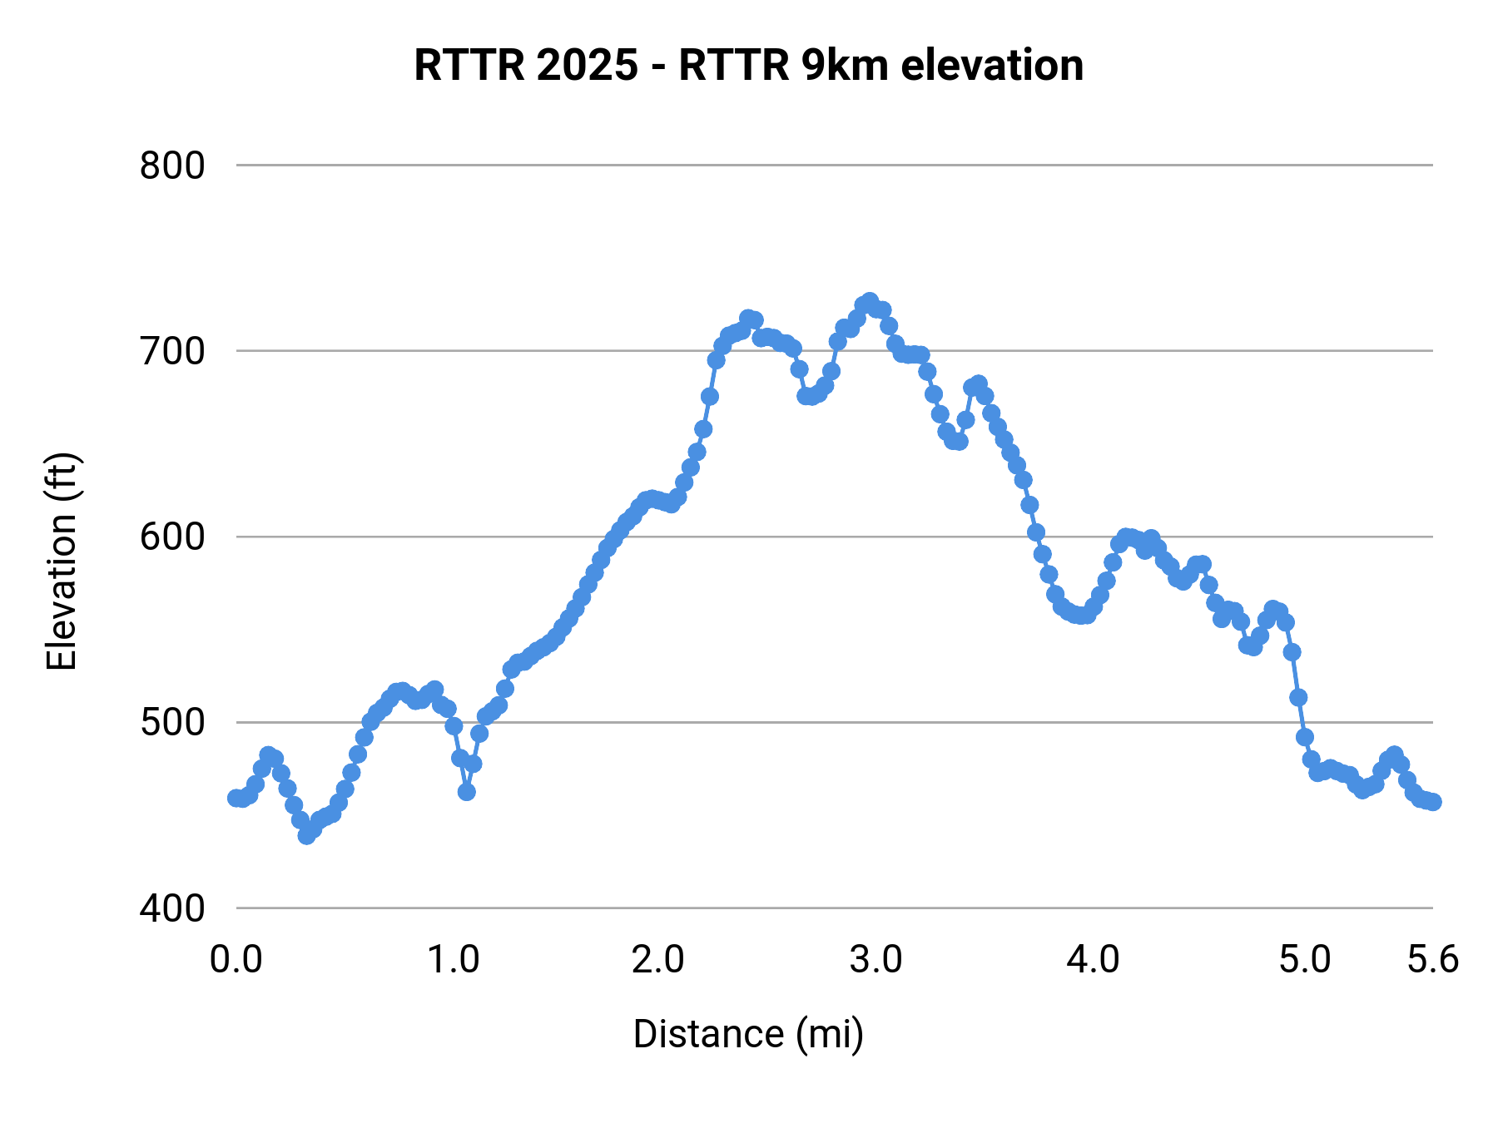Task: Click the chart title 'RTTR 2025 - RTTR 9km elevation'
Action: pos(748,66)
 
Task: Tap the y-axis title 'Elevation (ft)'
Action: pos(62,561)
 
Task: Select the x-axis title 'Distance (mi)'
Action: pos(748,1034)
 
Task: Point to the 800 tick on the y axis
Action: pos(172,166)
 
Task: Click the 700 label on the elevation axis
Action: pos(172,351)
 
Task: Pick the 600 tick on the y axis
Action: pos(172,537)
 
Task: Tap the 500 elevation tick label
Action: pos(172,722)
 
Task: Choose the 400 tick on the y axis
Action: pos(172,908)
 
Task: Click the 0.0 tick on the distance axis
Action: pos(236,960)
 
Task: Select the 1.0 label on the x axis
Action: pos(453,960)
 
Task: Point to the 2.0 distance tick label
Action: pos(657,960)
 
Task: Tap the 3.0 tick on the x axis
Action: pos(875,960)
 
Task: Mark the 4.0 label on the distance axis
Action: pos(1093,960)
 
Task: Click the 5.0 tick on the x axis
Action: pos(1305,960)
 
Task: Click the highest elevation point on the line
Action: pos(870,301)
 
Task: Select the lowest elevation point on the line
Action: pos(306,835)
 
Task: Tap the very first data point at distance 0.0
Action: pos(236,798)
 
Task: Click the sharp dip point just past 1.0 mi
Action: pos(467,792)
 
